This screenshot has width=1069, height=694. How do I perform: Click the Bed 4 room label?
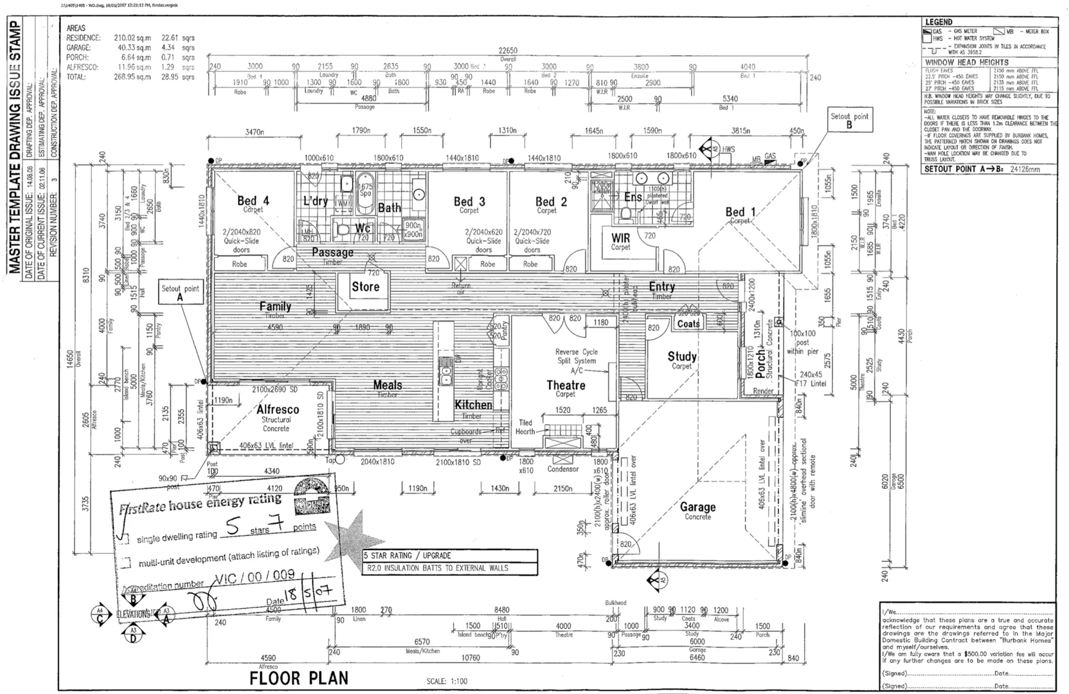pos(253,201)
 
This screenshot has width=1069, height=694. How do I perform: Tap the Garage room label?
pos(697,507)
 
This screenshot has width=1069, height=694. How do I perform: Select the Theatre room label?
pos(566,385)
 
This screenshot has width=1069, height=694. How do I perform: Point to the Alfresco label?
pos(278,409)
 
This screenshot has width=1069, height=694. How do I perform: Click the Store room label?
pos(365,287)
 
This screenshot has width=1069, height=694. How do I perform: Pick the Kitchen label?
pos(473,405)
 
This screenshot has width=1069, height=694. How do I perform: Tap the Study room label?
pos(681,356)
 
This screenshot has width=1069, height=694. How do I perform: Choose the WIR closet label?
pos(621,238)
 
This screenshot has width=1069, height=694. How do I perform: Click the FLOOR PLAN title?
pos(299,678)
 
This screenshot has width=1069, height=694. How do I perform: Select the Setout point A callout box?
pos(180,293)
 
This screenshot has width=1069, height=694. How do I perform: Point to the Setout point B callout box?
pos(849,120)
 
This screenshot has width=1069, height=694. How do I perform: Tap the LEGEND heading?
pos(938,22)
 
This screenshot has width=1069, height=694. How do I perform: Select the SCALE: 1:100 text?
pos(447,681)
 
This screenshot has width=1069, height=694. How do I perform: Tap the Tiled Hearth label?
pos(525,427)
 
